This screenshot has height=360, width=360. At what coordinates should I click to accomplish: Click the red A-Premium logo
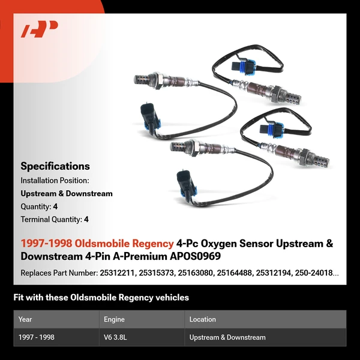40,29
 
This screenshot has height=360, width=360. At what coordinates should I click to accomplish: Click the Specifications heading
55,166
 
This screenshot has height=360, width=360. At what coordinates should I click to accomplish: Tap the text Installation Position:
55,180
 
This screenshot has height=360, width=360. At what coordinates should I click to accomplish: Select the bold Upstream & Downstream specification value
67,193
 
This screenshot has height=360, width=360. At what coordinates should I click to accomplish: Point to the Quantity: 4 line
39,206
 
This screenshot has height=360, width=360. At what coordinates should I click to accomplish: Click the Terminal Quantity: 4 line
55,220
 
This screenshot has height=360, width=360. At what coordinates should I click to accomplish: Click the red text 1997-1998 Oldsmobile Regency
97,244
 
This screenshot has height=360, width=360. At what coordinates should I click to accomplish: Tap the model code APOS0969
193,257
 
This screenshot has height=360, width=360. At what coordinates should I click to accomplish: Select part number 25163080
191,273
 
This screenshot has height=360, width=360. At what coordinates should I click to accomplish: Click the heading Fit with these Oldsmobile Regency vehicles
101,298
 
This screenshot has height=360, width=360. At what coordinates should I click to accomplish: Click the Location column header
202,319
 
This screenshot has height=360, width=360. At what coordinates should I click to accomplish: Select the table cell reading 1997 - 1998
36,337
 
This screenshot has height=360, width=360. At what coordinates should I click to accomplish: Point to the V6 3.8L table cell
115,337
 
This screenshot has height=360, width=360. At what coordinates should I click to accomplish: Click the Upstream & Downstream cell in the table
227,337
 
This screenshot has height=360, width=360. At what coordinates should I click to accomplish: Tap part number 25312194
275,273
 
